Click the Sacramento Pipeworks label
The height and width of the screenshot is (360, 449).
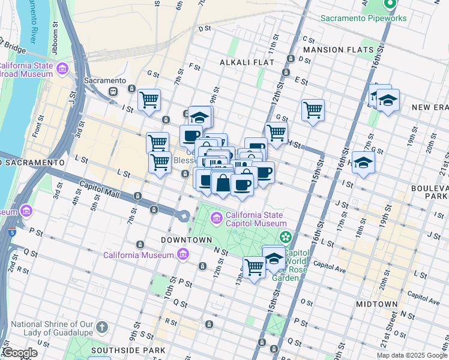coord(363,18)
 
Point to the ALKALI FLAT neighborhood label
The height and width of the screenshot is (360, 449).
coord(247,62)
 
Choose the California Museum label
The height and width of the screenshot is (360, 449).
coord(139,255)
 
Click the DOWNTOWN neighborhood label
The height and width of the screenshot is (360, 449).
coord(187,240)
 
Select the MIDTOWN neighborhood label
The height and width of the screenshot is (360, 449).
coord(376,304)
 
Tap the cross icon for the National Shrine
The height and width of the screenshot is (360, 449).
coord(102,328)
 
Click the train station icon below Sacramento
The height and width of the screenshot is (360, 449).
coord(112,91)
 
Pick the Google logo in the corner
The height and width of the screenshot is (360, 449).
coord(20,353)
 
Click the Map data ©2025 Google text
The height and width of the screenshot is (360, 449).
coord(412,355)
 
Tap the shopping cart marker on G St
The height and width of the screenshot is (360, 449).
coord(313,110)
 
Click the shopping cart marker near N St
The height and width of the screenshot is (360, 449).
coord(254,267)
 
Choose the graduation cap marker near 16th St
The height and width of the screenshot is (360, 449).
coord(363,163)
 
